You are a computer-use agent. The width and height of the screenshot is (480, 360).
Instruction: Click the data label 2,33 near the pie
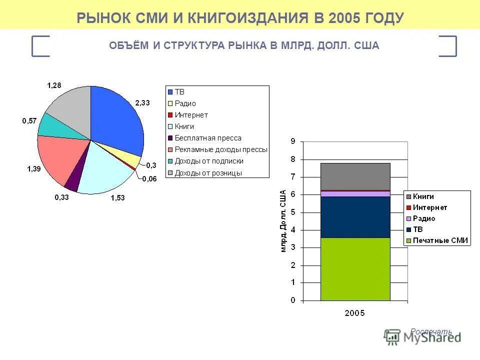[142, 102]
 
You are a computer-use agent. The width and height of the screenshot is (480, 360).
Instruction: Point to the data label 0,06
[149, 179]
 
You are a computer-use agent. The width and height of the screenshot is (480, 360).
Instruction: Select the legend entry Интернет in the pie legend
[191, 115]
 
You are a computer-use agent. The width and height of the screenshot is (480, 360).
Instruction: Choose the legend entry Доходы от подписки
[209, 161]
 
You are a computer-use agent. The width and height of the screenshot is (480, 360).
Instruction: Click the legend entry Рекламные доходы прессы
[220, 149]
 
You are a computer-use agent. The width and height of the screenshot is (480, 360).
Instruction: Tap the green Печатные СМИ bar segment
[355, 269]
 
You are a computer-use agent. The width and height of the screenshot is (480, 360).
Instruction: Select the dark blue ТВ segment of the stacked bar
[355, 216]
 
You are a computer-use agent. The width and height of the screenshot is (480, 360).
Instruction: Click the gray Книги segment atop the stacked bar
[355, 176]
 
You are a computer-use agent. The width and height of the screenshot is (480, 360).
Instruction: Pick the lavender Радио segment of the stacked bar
[355, 193]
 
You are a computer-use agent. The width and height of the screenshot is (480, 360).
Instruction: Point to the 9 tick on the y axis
[292, 141]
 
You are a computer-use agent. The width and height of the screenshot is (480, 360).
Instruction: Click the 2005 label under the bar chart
[355, 313]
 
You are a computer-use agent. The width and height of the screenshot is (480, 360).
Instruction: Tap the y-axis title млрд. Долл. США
[283, 220]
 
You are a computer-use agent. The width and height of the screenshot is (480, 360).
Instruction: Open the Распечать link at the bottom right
[431, 331]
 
